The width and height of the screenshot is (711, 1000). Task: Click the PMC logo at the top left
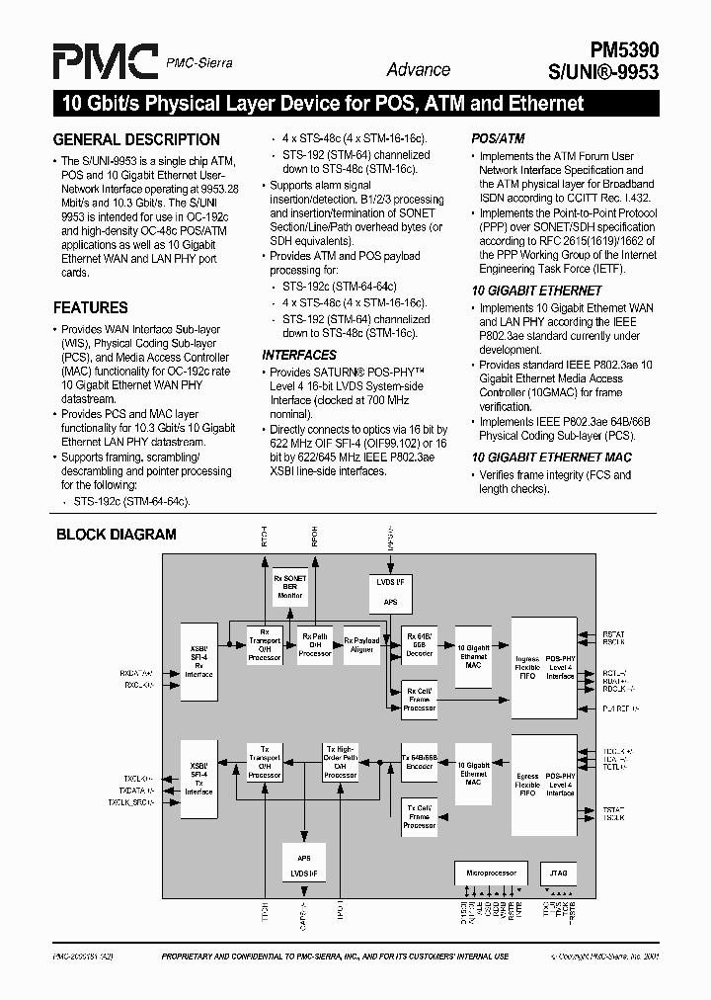click(104, 61)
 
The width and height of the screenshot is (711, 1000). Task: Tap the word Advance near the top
click(419, 69)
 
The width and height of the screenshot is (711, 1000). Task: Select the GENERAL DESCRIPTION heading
click(136, 139)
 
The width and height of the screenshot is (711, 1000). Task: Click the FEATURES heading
click(90, 307)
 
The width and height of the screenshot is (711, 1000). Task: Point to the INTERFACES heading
click(299, 355)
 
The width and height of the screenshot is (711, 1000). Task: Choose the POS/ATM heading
click(499, 139)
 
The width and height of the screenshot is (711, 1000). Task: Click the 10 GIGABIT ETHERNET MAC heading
click(551, 458)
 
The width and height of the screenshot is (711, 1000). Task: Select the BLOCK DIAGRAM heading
click(116, 535)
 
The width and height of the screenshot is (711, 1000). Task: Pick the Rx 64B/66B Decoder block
click(420, 643)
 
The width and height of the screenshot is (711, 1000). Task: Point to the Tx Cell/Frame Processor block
click(420, 816)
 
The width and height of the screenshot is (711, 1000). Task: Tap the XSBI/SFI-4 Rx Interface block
click(198, 662)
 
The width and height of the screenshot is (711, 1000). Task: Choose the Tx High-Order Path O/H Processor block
click(341, 762)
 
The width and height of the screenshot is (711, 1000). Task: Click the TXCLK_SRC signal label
click(131, 803)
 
